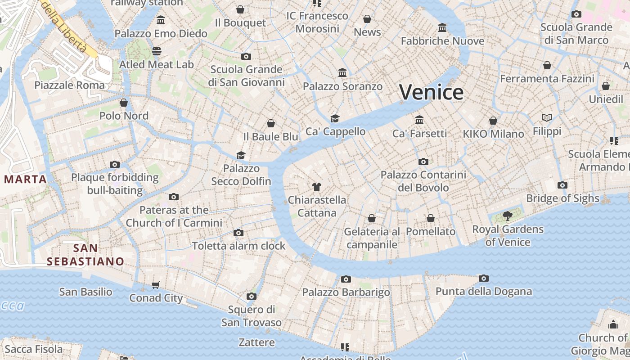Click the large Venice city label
tap(431, 92)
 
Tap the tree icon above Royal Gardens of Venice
tap(508, 216)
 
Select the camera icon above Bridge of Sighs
tap(562, 185)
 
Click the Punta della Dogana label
tap(484, 291)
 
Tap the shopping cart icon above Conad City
tap(156, 284)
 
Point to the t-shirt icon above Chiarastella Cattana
tap(317, 186)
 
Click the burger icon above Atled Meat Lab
tap(156, 51)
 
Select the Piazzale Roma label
tap(69, 85)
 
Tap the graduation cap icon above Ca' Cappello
tap(335, 118)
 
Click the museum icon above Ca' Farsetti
tap(419, 120)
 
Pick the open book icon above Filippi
tap(547, 118)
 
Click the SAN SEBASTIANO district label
tap(85, 255)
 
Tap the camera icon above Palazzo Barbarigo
tap(346, 279)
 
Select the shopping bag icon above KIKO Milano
tap(493, 121)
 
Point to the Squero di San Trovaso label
tap(251, 316)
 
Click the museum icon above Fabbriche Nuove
tap(442, 28)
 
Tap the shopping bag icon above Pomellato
tap(431, 218)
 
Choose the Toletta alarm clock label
tap(238, 246)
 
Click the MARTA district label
tap(26, 179)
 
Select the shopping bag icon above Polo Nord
tap(124, 103)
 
